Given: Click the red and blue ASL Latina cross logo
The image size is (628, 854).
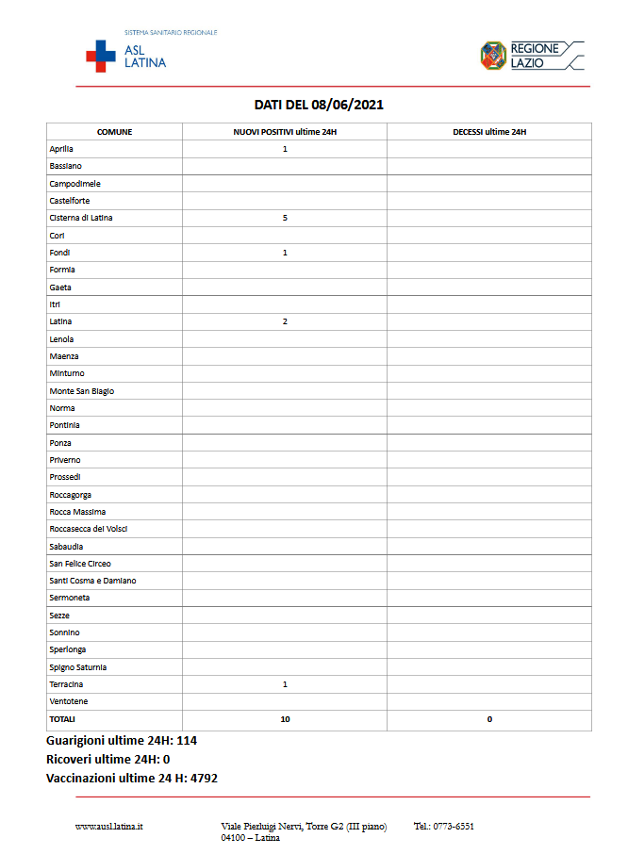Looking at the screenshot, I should coord(101,56).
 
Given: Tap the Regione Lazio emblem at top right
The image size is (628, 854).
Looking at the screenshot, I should coord(493,55).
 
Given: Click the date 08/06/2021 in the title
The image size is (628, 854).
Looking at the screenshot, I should coord(350,105).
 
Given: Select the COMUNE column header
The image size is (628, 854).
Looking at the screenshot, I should coord(114,132).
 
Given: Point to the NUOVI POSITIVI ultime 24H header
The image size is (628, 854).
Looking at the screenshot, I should coord(285,132).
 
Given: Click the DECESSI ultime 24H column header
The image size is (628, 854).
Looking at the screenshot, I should coord(489,132).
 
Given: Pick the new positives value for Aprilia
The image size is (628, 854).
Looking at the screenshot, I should coord(285,149).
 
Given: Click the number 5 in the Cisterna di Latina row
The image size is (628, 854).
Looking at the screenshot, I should coord(285,218).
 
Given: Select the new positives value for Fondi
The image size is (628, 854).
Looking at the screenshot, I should coord(285,253).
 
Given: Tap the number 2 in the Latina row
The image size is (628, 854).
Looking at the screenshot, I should coord(285,321).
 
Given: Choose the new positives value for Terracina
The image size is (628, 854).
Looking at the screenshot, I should coord(285,684).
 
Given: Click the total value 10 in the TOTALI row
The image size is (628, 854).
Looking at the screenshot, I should coord(285,719).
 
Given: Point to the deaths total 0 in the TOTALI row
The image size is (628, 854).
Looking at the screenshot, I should coord(489,719).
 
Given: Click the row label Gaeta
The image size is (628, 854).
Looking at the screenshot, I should coord(60,287).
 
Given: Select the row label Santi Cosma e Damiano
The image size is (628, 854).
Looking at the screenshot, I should coord(92,581).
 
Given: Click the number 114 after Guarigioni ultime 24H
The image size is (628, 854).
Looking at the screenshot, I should coord(186,741).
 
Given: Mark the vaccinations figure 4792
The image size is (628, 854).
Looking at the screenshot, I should coord(203,779).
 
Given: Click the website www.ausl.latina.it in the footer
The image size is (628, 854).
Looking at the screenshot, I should coord(108,827).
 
